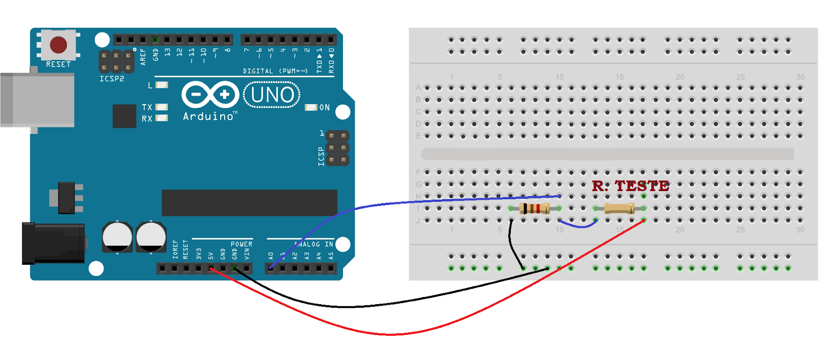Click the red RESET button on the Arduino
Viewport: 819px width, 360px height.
pos(58,45)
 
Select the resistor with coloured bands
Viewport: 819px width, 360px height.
pos(534,208)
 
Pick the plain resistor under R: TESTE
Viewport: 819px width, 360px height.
pos(619,208)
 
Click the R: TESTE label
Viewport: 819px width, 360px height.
pos(630,186)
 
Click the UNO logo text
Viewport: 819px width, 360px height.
pos(272,95)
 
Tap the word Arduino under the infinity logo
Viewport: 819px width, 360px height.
pos(209,117)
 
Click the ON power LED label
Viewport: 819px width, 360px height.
pos(325,108)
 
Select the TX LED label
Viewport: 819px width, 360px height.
pos(147,107)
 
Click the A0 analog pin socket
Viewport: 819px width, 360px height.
pos(271,268)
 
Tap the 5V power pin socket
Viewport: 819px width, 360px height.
pos(210,268)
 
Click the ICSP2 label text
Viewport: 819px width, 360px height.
pos(112,79)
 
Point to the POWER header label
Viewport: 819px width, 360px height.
pos(241,244)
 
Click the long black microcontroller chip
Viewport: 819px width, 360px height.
pos(249,203)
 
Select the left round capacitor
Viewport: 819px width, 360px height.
pos(117,237)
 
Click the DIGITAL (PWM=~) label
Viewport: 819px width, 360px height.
pos(275,71)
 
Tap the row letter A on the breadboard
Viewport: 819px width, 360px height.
pos(418,88)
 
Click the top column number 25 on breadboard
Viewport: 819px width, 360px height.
pos(740,77)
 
